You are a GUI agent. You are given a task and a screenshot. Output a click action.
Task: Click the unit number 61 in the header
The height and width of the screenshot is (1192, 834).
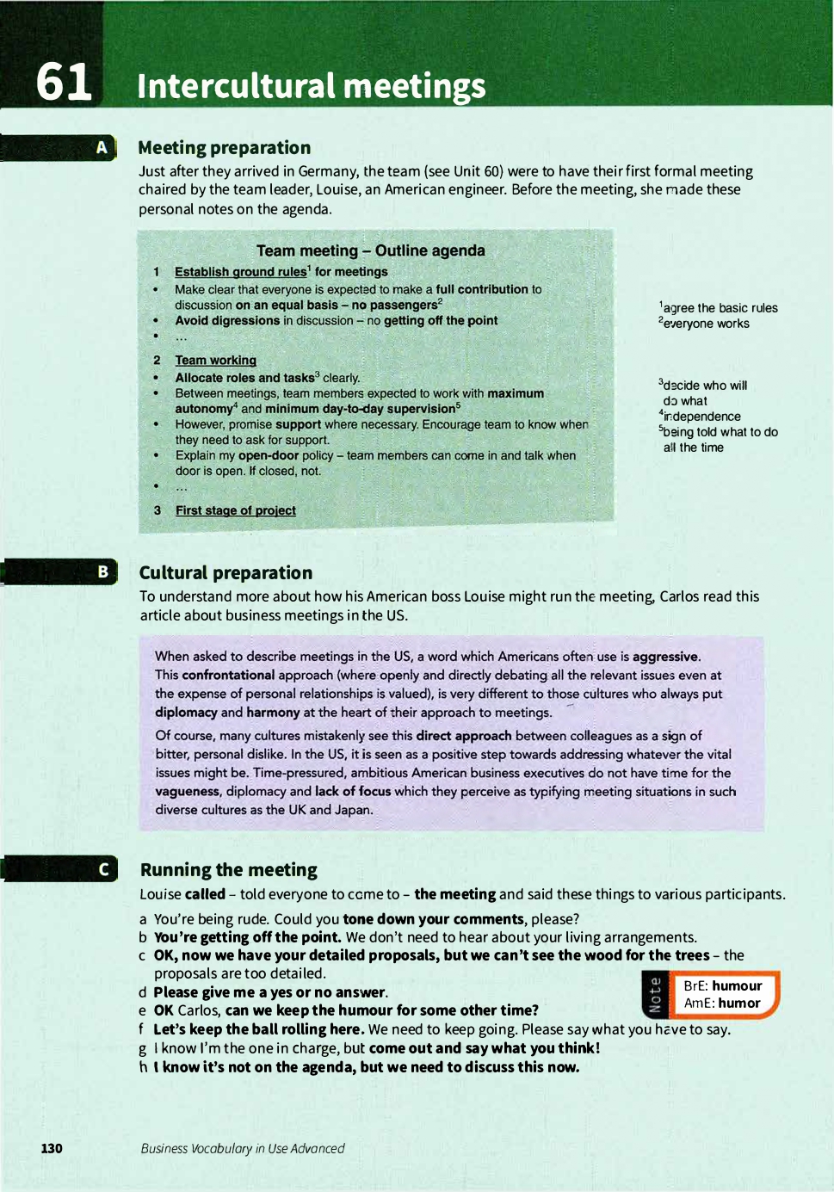64,83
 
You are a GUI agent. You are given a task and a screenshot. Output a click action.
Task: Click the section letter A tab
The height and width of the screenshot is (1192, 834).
102,148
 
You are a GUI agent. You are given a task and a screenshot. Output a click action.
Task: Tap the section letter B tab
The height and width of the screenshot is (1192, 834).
102,571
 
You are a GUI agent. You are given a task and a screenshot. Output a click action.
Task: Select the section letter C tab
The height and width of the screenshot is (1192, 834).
103,869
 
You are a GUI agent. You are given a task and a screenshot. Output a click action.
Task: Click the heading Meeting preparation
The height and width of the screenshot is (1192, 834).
224,148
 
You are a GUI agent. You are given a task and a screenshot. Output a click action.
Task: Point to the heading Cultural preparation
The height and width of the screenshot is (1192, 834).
225,573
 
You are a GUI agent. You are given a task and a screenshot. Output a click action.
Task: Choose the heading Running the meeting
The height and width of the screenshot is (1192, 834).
229,870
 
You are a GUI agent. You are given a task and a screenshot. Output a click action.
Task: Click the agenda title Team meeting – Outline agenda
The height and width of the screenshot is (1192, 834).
370,250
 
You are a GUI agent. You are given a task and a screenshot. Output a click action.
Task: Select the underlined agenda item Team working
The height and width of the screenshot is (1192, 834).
215,361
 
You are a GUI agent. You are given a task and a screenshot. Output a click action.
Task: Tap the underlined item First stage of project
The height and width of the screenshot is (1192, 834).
235,510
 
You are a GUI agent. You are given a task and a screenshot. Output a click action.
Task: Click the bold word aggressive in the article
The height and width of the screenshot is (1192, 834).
665,657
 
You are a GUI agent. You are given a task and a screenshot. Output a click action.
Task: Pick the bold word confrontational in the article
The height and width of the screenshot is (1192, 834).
228,676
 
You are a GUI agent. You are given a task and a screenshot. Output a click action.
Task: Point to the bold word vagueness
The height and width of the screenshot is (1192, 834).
188,792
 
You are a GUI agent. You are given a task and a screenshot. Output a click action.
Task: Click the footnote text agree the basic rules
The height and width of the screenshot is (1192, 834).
720,308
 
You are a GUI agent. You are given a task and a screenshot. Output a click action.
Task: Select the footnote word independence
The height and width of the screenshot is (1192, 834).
701,417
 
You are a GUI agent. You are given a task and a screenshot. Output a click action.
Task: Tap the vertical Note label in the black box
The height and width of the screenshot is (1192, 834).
655,995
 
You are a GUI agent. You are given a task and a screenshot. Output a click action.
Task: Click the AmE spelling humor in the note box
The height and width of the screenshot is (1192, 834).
739,1004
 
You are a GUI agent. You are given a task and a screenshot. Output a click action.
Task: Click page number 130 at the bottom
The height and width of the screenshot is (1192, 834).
52,1148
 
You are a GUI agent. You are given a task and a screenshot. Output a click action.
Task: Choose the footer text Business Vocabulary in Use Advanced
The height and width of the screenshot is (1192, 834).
243,1148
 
